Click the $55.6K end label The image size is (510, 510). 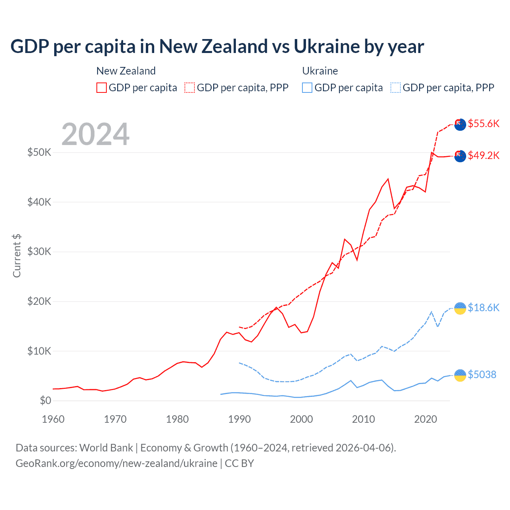point(483,124)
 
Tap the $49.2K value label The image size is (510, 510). point(483,155)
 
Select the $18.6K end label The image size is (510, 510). point(483,308)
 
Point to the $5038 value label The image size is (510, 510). point(482,375)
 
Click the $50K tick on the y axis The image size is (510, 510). point(39,152)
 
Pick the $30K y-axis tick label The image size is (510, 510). point(39,251)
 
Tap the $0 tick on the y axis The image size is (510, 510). point(45,400)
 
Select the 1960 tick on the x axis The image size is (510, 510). point(53,419)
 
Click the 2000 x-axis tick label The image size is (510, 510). point(301,419)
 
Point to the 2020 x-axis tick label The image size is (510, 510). point(426,419)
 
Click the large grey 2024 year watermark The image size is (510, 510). point(95,134)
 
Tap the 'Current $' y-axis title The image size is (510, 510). point(17,256)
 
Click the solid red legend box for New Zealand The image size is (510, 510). point(102,88)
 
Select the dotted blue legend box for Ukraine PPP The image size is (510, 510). point(396,88)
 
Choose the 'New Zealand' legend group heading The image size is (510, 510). point(126,71)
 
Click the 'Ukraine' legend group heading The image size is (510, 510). point(320,71)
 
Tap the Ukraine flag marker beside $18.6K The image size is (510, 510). point(460,308)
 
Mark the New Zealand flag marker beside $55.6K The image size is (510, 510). point(460,124)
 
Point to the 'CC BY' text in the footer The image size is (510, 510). point(239,463)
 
